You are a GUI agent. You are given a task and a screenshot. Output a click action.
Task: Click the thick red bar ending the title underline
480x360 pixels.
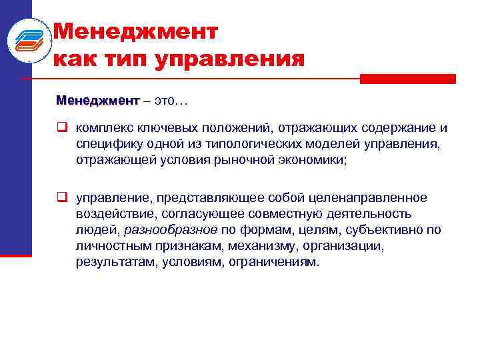407,79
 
